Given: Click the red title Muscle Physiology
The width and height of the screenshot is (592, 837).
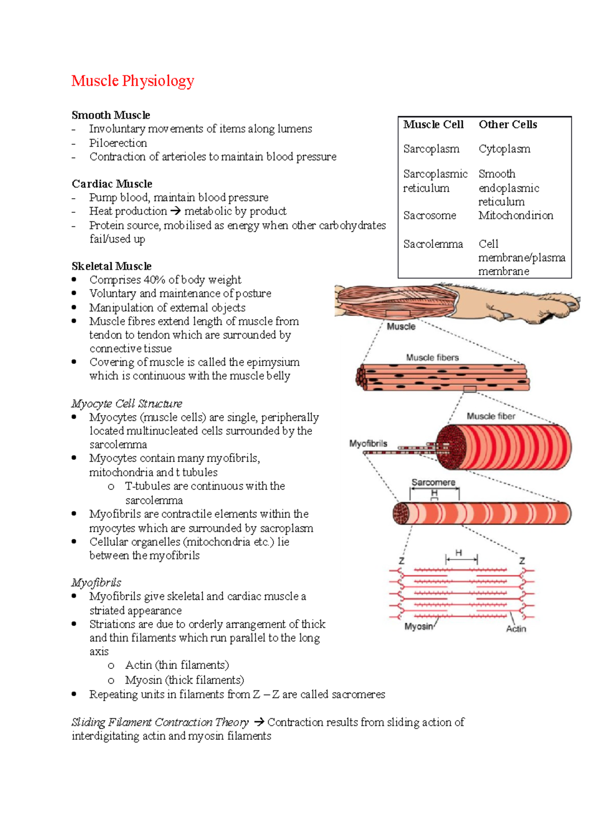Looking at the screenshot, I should [x=133, y=81].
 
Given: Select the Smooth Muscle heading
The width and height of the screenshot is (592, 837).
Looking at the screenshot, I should [x=111, y=115].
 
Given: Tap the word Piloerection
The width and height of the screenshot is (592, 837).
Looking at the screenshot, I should [x=118, y=143].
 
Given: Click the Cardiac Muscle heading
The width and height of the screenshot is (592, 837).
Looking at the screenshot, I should [x=112, y=184].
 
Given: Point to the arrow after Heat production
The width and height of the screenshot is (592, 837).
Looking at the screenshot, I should [x=175, y=211].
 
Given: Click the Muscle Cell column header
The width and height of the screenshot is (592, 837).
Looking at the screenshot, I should [x=433, y=125].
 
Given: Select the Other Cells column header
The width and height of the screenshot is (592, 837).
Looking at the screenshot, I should [x=508, y=125].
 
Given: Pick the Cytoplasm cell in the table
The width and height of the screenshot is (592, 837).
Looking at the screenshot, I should [x=504, y=149].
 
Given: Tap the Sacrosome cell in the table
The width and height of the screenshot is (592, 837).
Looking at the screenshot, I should [x=429, y=215].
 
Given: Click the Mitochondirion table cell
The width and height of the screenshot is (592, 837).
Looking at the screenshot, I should [x=516, y=215].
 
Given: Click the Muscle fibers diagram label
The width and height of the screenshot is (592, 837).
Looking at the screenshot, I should [x=432, y=357].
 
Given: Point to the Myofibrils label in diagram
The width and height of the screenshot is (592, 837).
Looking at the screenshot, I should [x=368, y=444].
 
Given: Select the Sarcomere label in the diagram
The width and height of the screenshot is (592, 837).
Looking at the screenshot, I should [x=433, y=482].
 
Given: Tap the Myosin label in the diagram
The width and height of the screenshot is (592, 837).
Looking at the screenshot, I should [x=418, y=627].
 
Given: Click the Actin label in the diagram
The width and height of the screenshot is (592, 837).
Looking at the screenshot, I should [x=516, y=629].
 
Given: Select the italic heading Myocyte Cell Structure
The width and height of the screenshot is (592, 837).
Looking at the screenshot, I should [x=127, y=404].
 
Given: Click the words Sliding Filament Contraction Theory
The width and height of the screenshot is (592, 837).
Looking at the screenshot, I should [x=160, y=722].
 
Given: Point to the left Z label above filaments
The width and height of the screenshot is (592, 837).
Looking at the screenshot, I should [x=402, y=561].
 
